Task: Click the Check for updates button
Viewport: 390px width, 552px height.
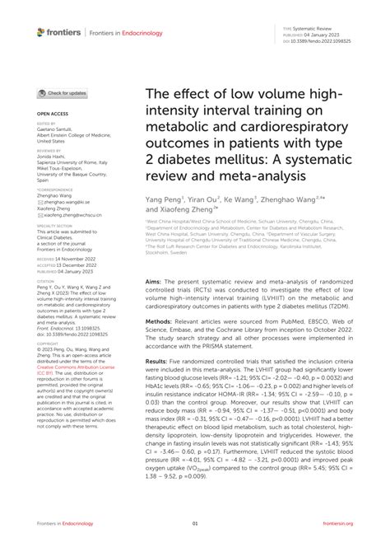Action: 62,93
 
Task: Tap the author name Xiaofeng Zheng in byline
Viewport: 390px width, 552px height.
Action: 180,210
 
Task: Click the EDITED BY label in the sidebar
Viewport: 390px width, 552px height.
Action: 47,123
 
